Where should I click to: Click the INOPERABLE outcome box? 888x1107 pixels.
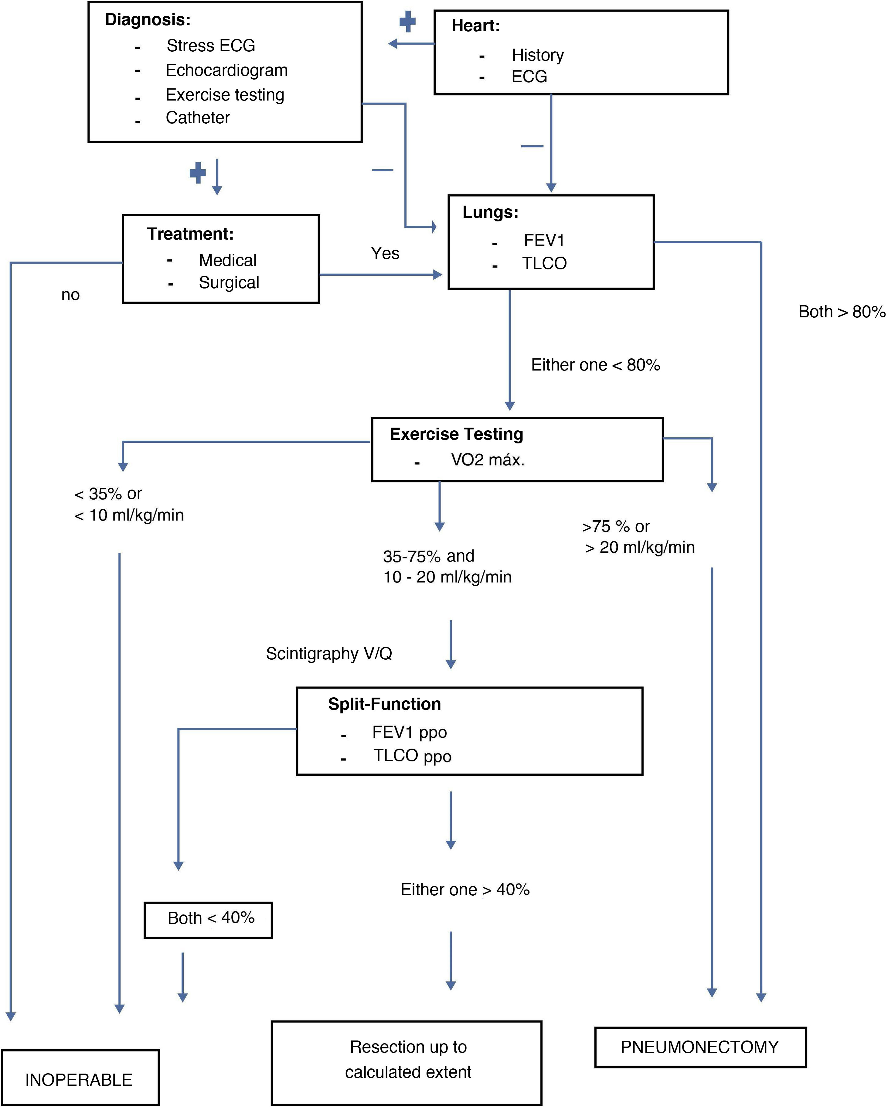tap(80, 1079)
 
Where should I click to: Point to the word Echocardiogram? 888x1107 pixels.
tap(226, 70)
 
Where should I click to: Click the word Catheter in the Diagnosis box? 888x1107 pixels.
tap(198, 118)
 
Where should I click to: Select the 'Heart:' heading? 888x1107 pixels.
tap(475, 26)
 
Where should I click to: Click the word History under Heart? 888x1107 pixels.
tap(537, 55)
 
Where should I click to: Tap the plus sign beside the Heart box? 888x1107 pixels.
tap(407, 21)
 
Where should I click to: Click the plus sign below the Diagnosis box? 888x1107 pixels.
tap(198, 173)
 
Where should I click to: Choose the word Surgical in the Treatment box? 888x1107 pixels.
tap(229, 282)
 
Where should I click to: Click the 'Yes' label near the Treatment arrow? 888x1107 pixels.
tap(385, 253)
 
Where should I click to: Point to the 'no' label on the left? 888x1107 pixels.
tap(70, 295)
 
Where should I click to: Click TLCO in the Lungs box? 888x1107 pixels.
tap(544, 263)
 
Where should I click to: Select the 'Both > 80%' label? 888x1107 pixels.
tap(841, 312)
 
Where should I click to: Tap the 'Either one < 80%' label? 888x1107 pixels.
tap(595, 365)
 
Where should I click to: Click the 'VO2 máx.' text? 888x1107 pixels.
tap(488, 460)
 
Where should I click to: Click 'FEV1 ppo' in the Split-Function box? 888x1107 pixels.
tap(409, 732)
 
